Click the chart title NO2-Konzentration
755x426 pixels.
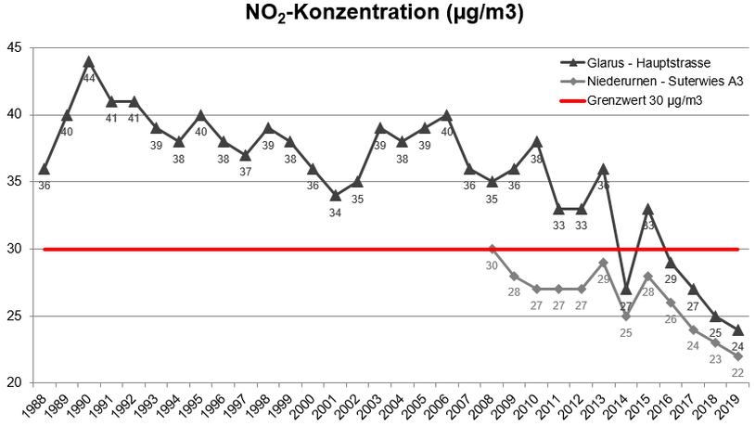tap(377, 14)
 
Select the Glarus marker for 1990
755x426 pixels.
tap(89, 62)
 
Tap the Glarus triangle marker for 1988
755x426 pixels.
tap(44, 169)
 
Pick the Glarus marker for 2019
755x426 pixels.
tap(737, 329)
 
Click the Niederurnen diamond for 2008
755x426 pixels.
tap(492, 249)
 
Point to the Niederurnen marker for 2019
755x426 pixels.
tap(737, 356)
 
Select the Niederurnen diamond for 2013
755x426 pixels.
tap(603, 263)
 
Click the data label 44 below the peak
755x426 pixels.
tap(89, 78)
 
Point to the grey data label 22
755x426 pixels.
tap(737, 372)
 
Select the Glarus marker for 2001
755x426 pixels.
tap(335, 196)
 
